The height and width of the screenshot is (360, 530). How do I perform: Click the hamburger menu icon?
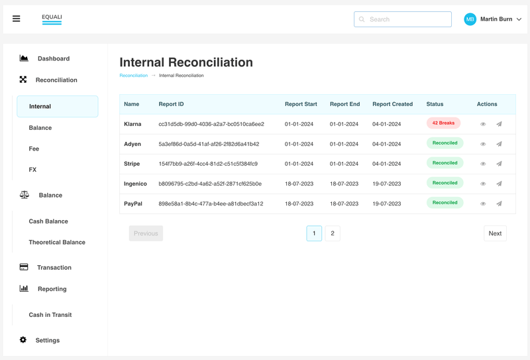[x=17, y=19]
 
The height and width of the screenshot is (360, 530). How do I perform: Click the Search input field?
[x=403, y=19]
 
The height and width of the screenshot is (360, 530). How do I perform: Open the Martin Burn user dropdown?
[x=493, y=19]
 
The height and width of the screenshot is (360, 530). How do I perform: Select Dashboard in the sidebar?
[x=53, y=58]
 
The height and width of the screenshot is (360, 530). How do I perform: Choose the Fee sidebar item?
[x=34, y=149]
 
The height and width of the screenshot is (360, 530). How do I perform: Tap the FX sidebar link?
[x=32, y=170]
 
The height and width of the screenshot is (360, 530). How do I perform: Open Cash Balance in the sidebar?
[x=48, y=221]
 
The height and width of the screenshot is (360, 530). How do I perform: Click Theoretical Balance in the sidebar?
[x=57, y=242]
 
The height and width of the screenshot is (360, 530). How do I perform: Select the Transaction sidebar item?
[x=54, y=267]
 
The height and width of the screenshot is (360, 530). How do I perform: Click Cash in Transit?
[x=50, y=315]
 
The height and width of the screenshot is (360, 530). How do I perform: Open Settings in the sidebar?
[x=47, y=340]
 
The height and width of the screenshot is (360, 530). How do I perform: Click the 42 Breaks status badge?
[x=443, y=123]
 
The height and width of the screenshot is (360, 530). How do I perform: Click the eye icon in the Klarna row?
[x=483, y=124]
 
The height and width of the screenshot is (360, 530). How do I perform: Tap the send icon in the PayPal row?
[x=500, y=204]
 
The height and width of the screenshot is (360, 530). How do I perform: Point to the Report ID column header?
[x=172, y=104]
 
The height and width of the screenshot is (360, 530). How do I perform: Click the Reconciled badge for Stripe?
[x=445, y=163]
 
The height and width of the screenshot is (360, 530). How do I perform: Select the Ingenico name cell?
[x=135, y=184]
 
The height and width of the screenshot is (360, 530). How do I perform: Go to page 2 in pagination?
[x=333, y=233]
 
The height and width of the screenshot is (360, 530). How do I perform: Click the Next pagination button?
[x=495, y=233]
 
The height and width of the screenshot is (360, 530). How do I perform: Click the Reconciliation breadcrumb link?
[x=134, y=76]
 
